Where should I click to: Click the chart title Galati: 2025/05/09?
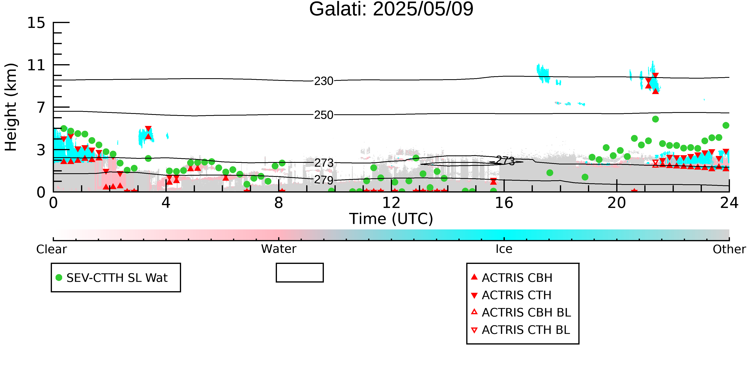pos(391,9)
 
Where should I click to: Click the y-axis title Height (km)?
pos(11,107)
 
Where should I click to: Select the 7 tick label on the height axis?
pos(41,107)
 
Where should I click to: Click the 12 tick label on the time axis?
pos(391,203)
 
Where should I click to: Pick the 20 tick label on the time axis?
pos(617,203)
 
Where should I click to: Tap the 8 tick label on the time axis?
pos(279,203)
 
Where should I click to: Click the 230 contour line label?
pos(324,81)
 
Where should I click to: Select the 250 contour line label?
pos(324,115)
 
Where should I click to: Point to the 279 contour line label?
pos(324,180)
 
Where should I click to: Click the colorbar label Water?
pos(279,249)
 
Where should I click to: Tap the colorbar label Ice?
pos(504,249)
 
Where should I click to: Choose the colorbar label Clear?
pos(51,249)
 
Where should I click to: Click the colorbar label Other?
pos(729,249)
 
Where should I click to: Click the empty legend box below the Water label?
pos(300,273)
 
